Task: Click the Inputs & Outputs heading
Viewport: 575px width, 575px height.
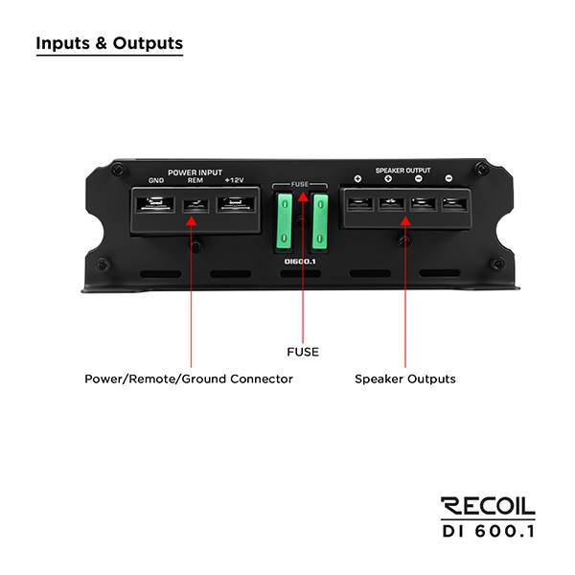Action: point(109,43)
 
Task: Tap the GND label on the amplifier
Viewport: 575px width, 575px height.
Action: point(156,180)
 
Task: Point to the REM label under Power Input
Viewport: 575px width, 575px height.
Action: point(195,180)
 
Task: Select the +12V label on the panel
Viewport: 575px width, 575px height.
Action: point(235,180)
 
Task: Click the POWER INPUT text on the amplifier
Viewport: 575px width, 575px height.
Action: point(195,172)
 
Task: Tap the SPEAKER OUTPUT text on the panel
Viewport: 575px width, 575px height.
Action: point(403,171)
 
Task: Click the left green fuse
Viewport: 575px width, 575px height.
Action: point(285,221)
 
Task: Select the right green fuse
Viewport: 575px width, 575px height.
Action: point(320,221)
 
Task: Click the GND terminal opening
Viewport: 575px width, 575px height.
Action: point(155,204)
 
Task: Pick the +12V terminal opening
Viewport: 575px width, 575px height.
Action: point(236,204)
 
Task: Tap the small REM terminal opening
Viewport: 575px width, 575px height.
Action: point(195,206)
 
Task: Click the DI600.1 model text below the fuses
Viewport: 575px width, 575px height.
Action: point(300,262)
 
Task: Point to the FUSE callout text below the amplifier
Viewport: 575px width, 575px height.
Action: point(303,352)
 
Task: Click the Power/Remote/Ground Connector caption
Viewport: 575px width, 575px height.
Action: point(189,379)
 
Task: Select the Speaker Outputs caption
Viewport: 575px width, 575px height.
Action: point(405,379)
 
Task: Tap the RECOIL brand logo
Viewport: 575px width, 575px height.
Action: point(488,506)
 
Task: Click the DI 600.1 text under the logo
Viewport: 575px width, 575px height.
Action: point(489,531)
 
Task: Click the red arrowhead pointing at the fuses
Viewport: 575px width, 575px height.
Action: point(303,196)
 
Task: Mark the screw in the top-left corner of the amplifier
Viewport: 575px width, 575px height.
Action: point(117,170)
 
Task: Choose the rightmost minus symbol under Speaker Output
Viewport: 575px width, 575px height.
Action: point(448,178)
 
